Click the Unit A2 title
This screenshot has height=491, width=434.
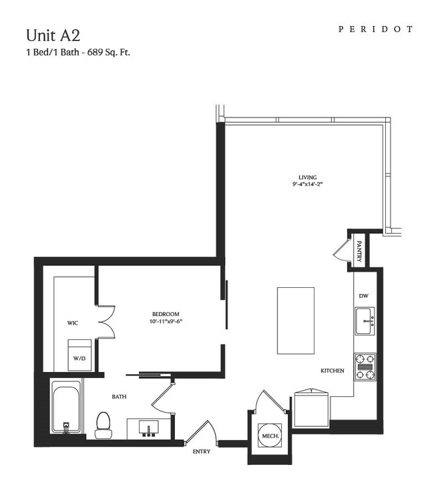53,35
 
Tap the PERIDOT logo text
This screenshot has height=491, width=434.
375,29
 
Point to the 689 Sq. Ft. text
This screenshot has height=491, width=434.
109,52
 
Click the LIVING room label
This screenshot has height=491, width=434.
308,177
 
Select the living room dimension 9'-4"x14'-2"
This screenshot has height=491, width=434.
308,184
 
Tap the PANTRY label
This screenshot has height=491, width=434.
359,251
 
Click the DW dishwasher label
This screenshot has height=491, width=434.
364,295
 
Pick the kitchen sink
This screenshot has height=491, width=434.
365,321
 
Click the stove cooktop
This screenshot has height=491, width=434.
365,367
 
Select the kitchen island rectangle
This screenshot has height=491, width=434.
296,321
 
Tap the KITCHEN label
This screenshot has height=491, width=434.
333,371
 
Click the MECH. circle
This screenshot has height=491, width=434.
270,436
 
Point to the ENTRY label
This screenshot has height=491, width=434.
202,452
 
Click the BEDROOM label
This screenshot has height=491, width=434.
166,314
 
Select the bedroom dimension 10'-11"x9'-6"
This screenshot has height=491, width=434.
166,321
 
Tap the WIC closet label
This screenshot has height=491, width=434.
73,323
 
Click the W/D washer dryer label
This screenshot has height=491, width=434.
79,358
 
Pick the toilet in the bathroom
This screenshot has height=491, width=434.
103,425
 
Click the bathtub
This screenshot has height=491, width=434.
66,406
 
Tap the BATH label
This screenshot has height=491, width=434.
120,397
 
